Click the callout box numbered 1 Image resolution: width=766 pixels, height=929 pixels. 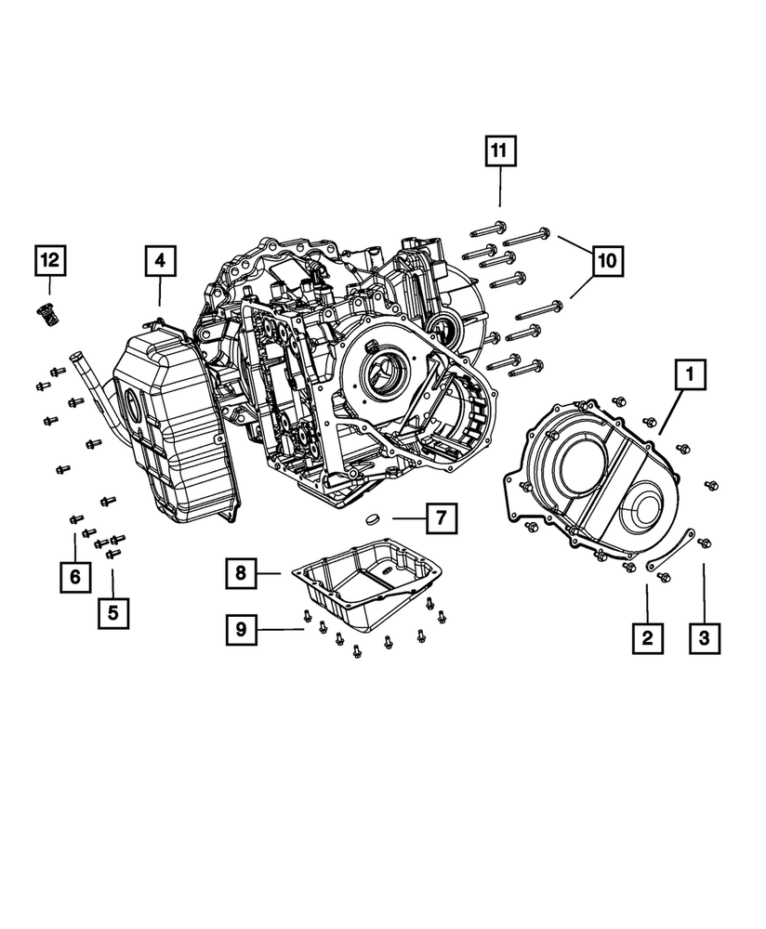[690, 377]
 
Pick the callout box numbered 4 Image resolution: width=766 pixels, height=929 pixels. [160, 262]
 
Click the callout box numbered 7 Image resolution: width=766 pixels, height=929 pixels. [442, 517]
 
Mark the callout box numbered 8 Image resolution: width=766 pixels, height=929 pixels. [240, 574]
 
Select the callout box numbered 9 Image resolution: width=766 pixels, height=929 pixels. [240, 630]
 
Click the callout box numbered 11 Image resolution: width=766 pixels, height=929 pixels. [499, 150]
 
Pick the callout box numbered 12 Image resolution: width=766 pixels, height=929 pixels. [49, 262]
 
